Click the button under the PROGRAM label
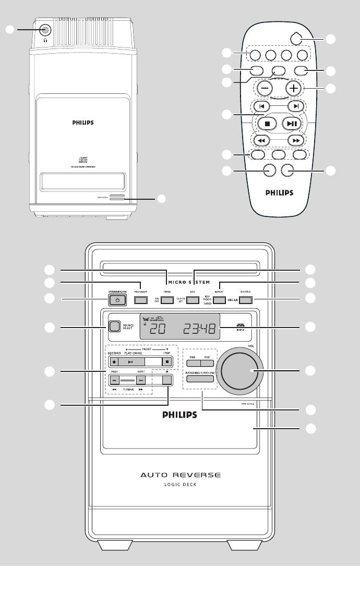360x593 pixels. pos(139,300)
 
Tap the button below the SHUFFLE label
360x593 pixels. pos(245,300)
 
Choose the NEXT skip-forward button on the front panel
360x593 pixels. pos(140,381)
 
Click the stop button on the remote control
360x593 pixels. pos(267,124)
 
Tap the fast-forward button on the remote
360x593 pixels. pos(295,140)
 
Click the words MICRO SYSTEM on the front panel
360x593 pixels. pos(181,282)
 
